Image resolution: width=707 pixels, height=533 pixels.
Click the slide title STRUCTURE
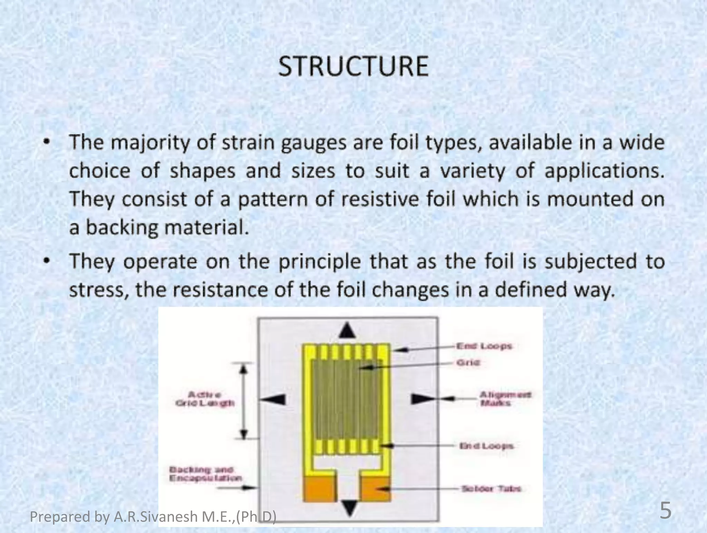[x=353, y=66]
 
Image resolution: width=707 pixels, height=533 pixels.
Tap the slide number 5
[x=666, y=511]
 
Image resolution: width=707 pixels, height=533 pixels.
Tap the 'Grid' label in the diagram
[x=468, y=363]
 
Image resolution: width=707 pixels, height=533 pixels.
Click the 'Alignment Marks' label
[x=505, y=399]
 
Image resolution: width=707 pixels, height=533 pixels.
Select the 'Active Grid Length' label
[x=205, y=399]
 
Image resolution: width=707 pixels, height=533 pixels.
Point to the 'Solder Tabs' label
[x=491, y=489]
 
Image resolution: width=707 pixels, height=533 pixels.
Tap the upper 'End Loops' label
[x=484, y=346]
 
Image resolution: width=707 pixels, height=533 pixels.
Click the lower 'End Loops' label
[x=486, y=446]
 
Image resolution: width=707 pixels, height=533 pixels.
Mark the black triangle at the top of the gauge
[x=347, y=330]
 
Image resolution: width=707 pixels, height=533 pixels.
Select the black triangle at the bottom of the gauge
[x=350, y=508]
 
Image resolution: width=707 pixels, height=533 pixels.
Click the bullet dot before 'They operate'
[x=46, y=261]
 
